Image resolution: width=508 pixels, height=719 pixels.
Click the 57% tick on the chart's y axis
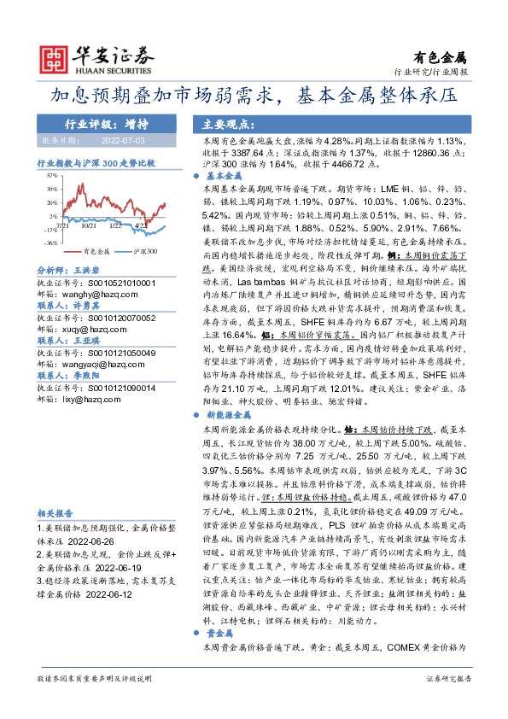[51, 174]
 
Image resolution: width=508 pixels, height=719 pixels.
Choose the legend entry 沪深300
[143, 253]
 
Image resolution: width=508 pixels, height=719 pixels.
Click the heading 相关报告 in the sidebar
[54, 512]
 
